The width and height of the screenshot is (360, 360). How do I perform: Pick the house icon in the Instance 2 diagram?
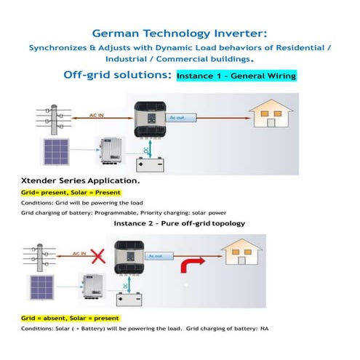point(243,256)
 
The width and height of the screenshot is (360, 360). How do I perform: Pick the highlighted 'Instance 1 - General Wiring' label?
point(236,75)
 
